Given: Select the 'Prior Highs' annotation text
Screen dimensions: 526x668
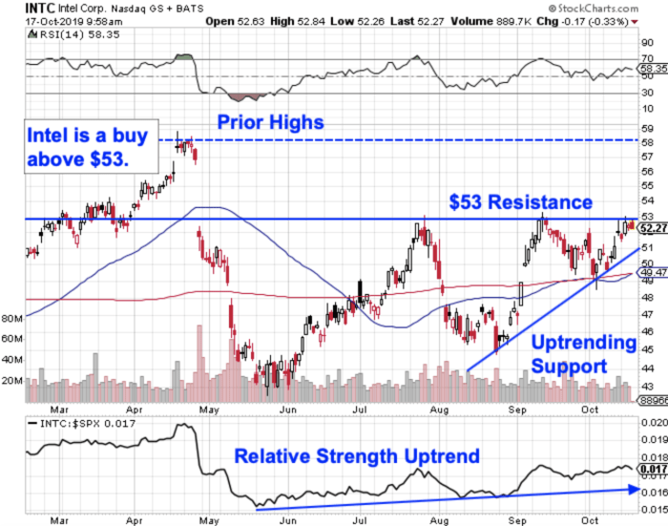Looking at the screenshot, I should tap(270, 122).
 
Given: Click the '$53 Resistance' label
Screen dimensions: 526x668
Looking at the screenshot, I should tap(521, 202).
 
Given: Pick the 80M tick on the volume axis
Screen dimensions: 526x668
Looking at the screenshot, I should tap(12, 317).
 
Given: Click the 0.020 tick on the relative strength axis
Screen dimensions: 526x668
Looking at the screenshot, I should tap(653, 422).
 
